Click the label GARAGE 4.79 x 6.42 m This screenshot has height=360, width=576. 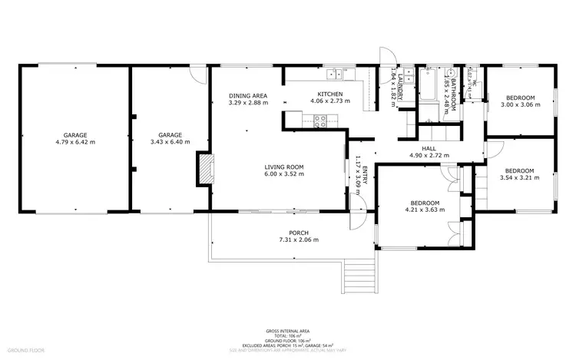(75, 138)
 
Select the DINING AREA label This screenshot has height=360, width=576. (247, 99)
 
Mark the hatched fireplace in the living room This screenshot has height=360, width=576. (205, 170)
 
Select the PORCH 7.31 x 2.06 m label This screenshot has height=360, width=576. (298, 236)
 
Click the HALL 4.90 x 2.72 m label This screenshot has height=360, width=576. (429, 152)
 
